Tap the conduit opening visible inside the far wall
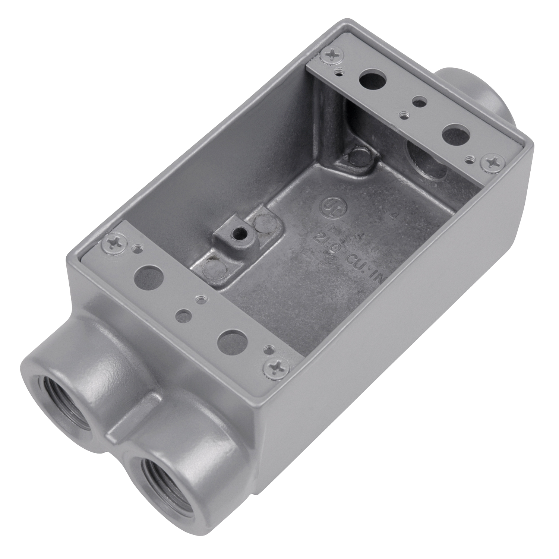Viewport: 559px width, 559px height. [x=429, y=158]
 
